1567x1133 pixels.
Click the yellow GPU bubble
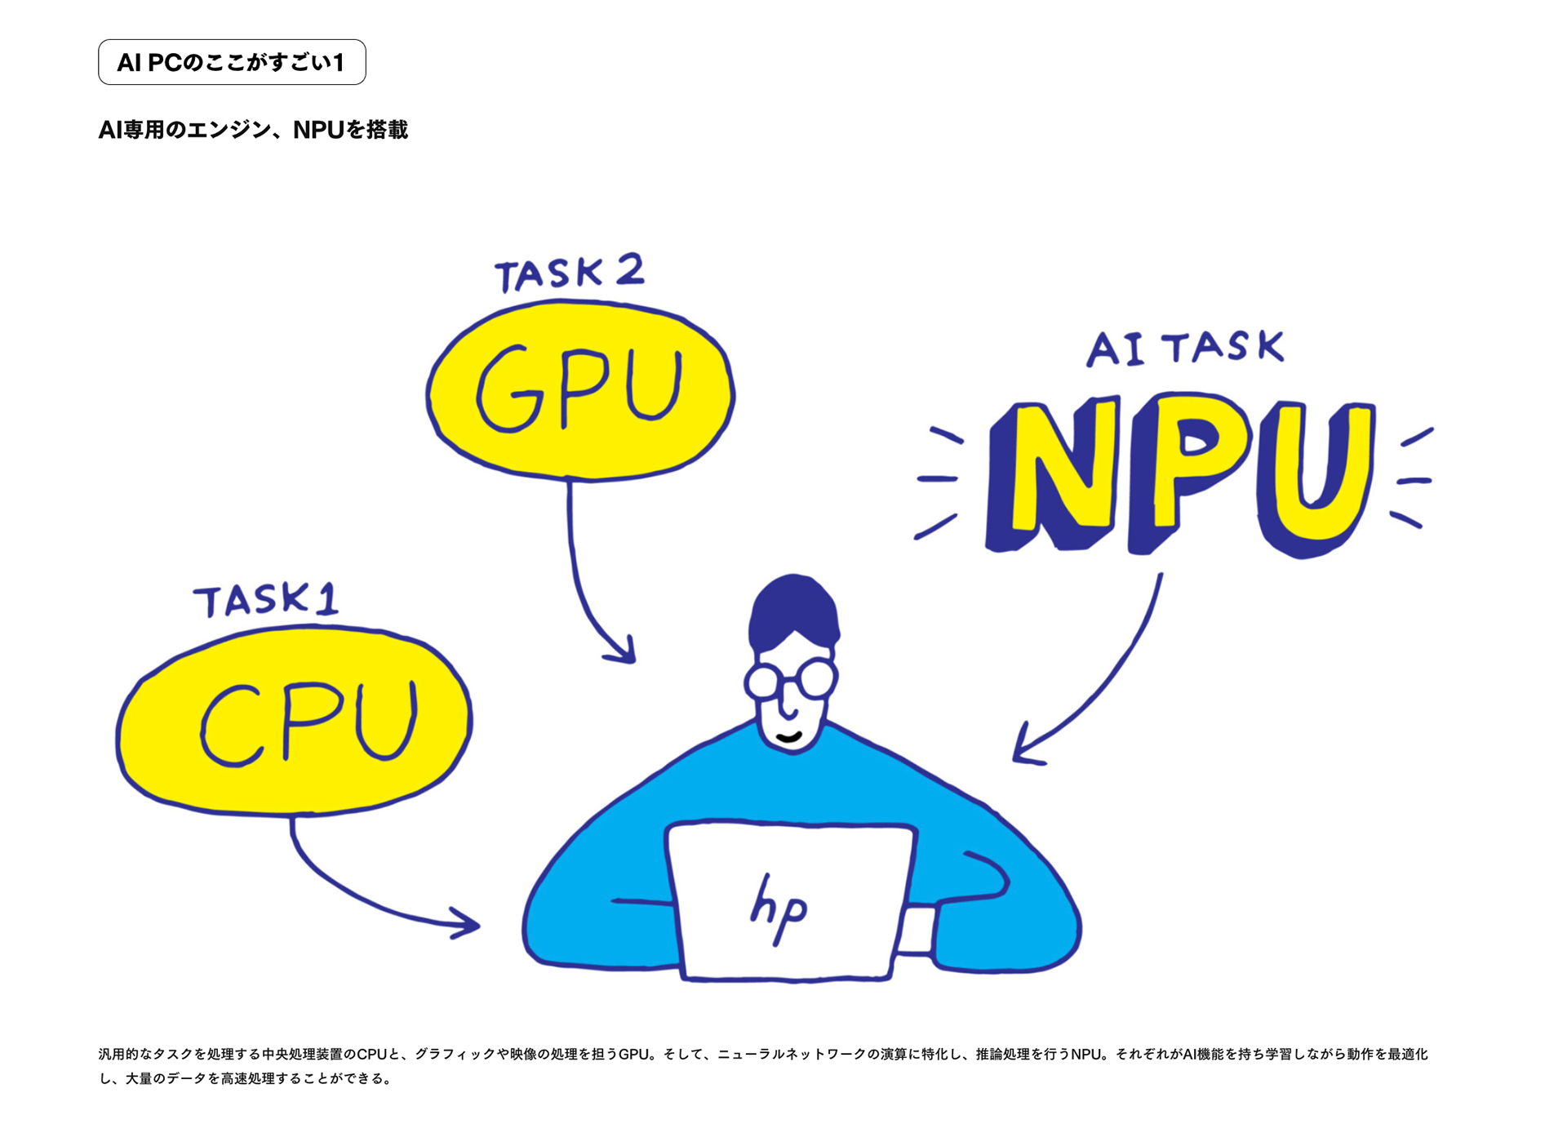click(x=579, y=390)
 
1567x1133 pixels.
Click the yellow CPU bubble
click(x=294, y=722)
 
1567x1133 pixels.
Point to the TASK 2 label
click(x=569, y=273)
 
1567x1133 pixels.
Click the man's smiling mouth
click(x=788, y=738)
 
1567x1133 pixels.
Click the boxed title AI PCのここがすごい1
click(x=232, y=62)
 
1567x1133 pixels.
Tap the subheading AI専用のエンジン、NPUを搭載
click(x=253, y=130)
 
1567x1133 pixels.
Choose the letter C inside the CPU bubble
click(x=233, y=725)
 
